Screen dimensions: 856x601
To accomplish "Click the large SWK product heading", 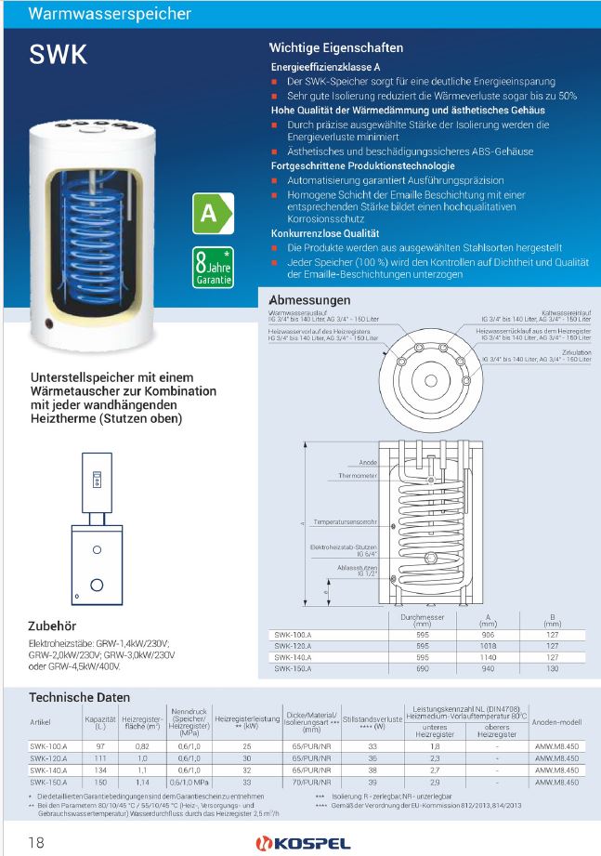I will (59, 54).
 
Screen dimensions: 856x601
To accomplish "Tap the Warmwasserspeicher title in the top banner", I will (111, 14).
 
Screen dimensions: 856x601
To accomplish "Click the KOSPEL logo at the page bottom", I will (301, 843).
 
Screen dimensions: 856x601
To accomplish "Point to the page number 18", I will (37, 843).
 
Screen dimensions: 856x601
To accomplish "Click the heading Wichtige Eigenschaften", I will (335, 47).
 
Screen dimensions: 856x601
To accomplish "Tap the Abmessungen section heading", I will (309, 300).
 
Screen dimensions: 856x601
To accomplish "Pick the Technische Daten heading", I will (80, 697).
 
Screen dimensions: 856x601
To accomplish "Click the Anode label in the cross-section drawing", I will (368, 462).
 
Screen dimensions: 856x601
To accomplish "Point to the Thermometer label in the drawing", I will (358, 475).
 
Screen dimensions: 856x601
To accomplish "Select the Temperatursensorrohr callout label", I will (346, 522).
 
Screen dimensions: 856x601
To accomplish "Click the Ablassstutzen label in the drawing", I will (357, 567).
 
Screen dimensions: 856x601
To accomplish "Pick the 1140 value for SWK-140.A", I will (487, 656).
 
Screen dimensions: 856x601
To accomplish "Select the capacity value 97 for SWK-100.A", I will (98, 746).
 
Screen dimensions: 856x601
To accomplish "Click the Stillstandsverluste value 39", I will (372, 783).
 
